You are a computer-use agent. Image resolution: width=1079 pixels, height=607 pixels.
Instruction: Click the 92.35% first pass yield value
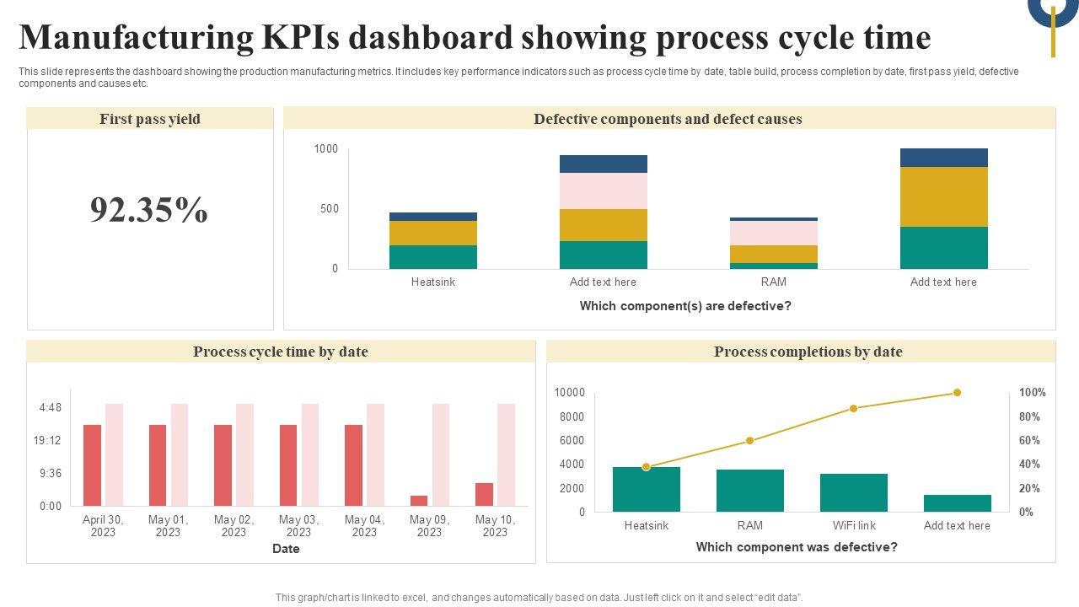point(149,211)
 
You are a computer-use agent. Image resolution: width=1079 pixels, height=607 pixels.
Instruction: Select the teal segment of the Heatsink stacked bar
point(433,257)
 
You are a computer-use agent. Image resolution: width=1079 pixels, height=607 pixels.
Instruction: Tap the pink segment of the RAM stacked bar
point(774,233)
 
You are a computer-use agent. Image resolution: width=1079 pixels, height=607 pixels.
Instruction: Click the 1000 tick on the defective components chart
point(326,149)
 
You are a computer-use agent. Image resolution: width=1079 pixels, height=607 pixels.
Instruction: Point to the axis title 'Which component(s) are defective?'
point(685,306)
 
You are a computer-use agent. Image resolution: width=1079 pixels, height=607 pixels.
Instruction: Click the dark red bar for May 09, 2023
point(419,500)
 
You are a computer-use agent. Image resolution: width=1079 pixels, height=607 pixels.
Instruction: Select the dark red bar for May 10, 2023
point(484,494)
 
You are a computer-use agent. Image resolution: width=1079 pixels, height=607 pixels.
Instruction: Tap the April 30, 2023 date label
point(103,526)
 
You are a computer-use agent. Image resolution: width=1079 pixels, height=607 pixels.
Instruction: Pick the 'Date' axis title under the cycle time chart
point(286,549)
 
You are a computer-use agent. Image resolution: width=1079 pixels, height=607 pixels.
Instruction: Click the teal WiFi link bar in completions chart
point(854,492)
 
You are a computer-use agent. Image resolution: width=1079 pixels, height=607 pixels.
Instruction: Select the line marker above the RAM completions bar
point(750,441)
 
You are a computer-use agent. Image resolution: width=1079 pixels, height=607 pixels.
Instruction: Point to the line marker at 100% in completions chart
point(957,393)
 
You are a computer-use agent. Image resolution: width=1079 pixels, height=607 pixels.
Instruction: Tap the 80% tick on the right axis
point(1029,416)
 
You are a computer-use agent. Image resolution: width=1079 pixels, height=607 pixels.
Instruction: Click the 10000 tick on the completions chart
point(570,393)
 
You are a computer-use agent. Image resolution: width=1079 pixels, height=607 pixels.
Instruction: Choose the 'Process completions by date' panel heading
point(808,352)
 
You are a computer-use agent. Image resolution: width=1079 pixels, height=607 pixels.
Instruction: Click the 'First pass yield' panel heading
point(150,119)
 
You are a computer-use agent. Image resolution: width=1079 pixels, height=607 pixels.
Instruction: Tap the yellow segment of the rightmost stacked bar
point(943,196)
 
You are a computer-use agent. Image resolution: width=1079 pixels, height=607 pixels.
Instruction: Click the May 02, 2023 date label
point(234,526)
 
